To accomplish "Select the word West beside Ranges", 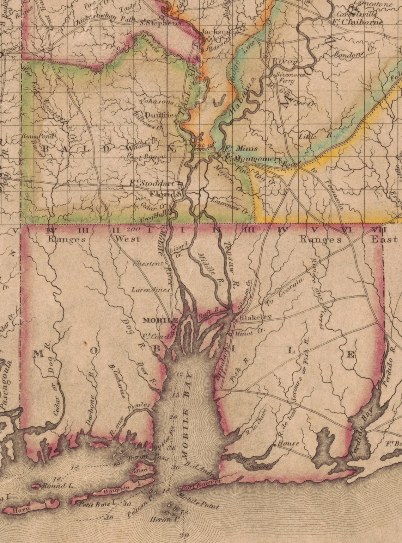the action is pos(128,239).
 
